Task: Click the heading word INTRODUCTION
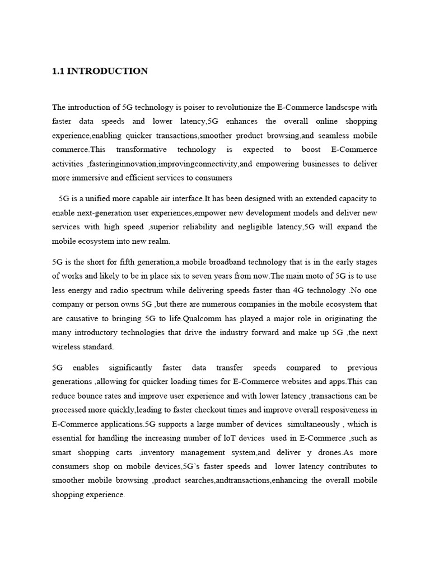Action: click(x=107, y=71)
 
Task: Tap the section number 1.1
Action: click(x=58, y=71)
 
